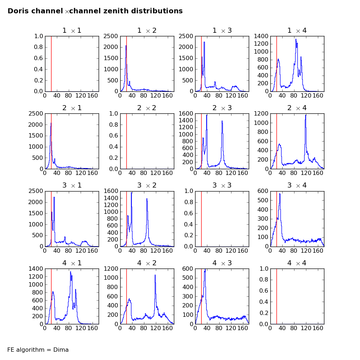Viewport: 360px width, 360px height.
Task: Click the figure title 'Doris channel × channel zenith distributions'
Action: pos(95,11)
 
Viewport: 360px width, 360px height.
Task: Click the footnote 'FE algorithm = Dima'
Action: pos(38,350)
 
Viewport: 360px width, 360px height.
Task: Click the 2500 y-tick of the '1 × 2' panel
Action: pos(111,36)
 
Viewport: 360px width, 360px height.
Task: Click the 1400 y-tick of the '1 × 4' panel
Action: pos(261,36)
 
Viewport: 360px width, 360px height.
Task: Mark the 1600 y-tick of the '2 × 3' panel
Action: pos(186,114)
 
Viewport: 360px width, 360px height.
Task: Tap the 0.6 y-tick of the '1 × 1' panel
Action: pos(38,58)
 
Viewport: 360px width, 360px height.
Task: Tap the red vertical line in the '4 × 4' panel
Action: pos(276,296)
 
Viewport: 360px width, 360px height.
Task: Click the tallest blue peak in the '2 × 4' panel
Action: pos(306,115)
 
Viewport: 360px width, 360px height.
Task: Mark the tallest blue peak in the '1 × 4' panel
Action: pos(296,40)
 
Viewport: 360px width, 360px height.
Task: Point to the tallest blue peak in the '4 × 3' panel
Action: pos(205,269)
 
